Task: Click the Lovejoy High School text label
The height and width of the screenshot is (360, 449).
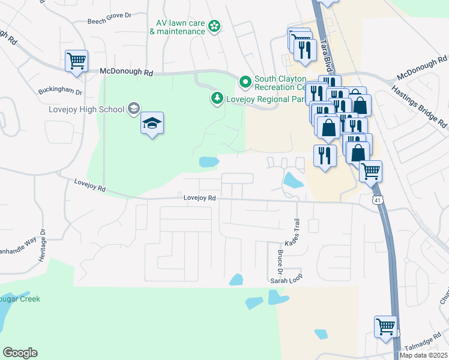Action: pyautogui.click(x=86, y=109)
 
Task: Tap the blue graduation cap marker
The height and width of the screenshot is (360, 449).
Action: pyautogui.click(x=152, y=124)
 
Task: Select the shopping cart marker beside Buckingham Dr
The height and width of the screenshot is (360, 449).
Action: pyautogui.click(x=77, y=61)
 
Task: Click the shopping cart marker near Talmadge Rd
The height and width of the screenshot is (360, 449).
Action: pyautogui.click(x=385, y=327)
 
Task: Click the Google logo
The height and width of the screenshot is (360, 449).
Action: pyautogui.click(x=20, y=353)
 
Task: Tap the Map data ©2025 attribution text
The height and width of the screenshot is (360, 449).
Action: pyautogui.click(x=423, y=355)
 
